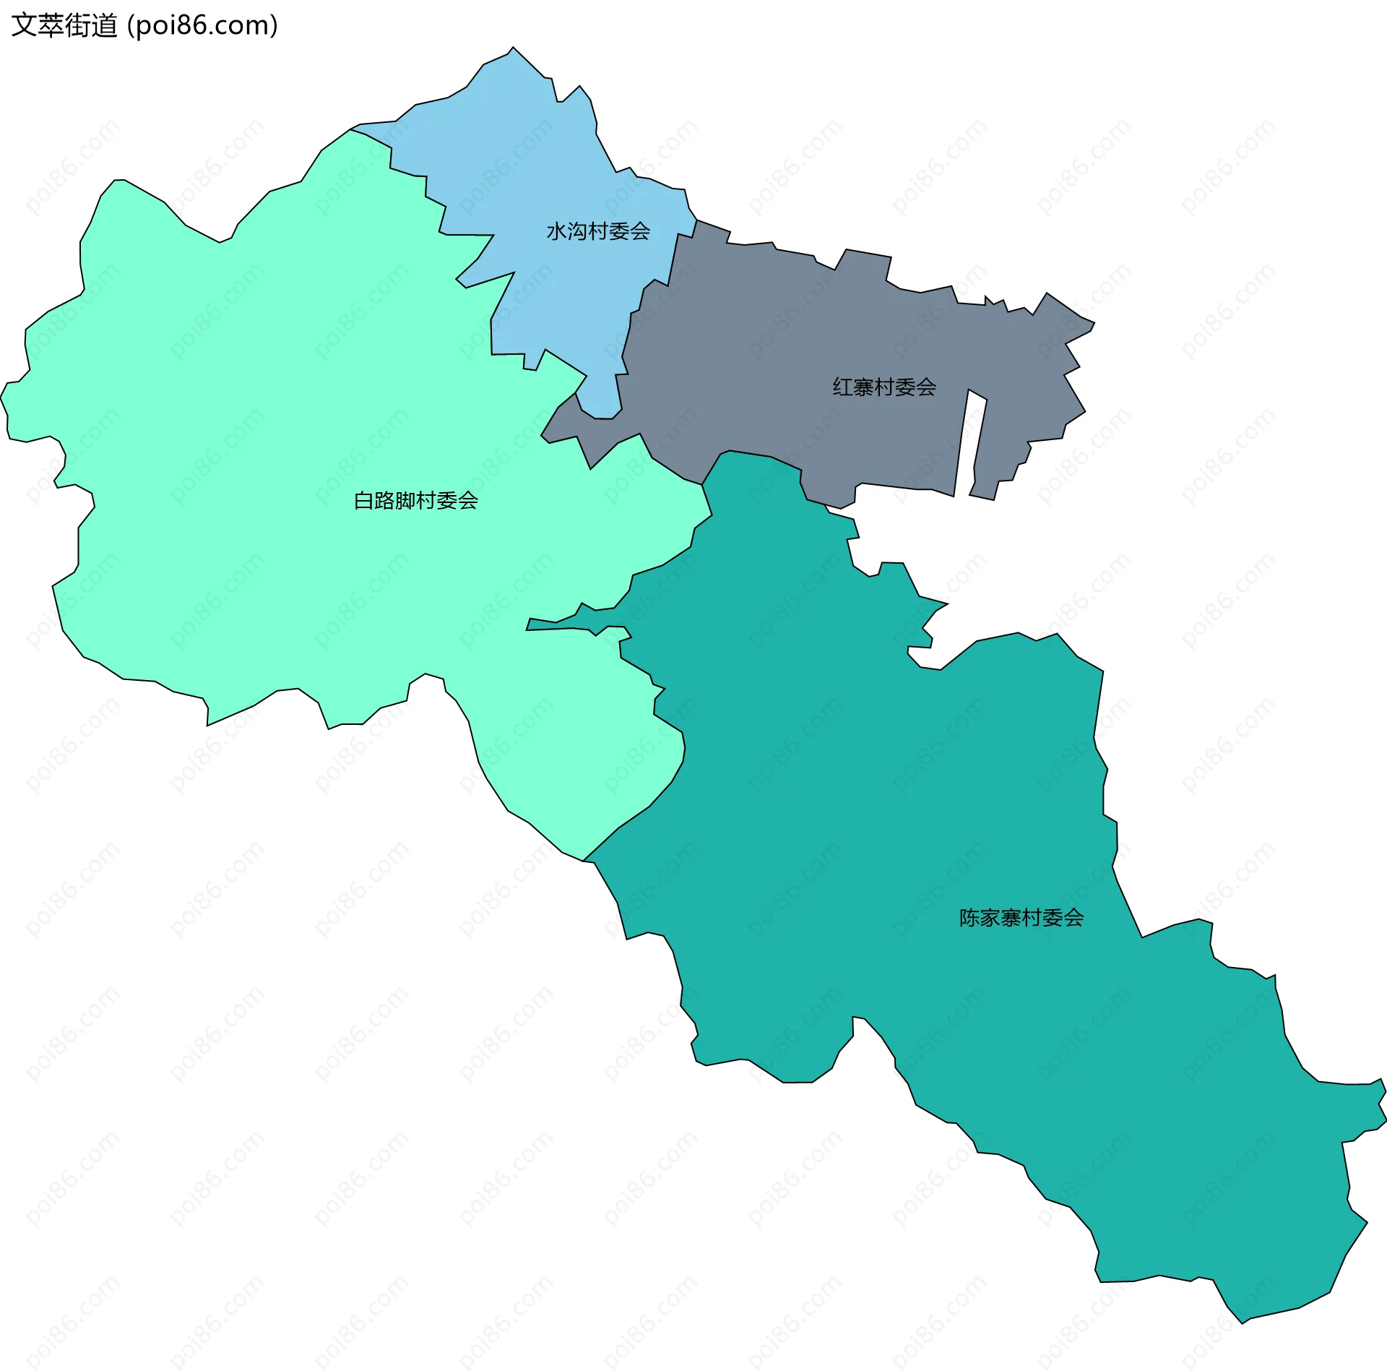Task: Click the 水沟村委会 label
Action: (598, 231)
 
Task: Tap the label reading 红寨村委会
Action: (884, 387)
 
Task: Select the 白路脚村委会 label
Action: (415, 500)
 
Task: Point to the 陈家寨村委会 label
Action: (1021, 918)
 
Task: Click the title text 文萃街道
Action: (65, 26)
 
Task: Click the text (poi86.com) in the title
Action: (203, 26)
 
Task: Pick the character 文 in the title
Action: (24, 26)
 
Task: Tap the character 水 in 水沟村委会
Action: (556, 231)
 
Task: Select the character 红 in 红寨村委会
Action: (842, 387)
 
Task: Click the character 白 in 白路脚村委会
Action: (363, 500)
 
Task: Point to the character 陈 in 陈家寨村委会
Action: (969, 918)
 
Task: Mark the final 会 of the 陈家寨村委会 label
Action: (1073, 918)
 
